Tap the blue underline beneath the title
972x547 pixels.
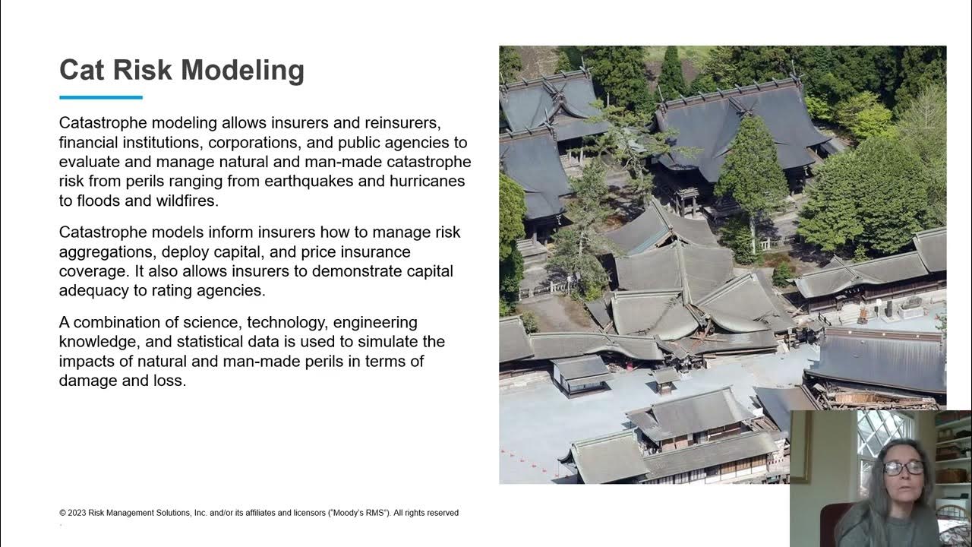[101, 97]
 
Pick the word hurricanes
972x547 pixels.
[427, 182]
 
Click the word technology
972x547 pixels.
[286, 322]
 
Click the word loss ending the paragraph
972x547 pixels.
[170, 381]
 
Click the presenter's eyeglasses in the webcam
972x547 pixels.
[903, 468]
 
